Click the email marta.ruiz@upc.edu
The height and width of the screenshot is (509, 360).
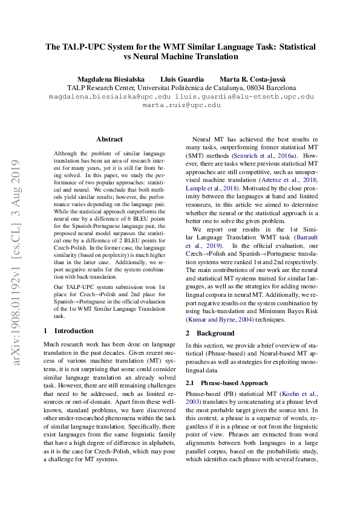click(181, 105)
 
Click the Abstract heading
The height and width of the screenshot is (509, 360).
click(109, 139)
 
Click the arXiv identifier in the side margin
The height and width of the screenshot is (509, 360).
click(17, 260)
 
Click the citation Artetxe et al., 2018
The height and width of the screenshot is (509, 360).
click(288, 181)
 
